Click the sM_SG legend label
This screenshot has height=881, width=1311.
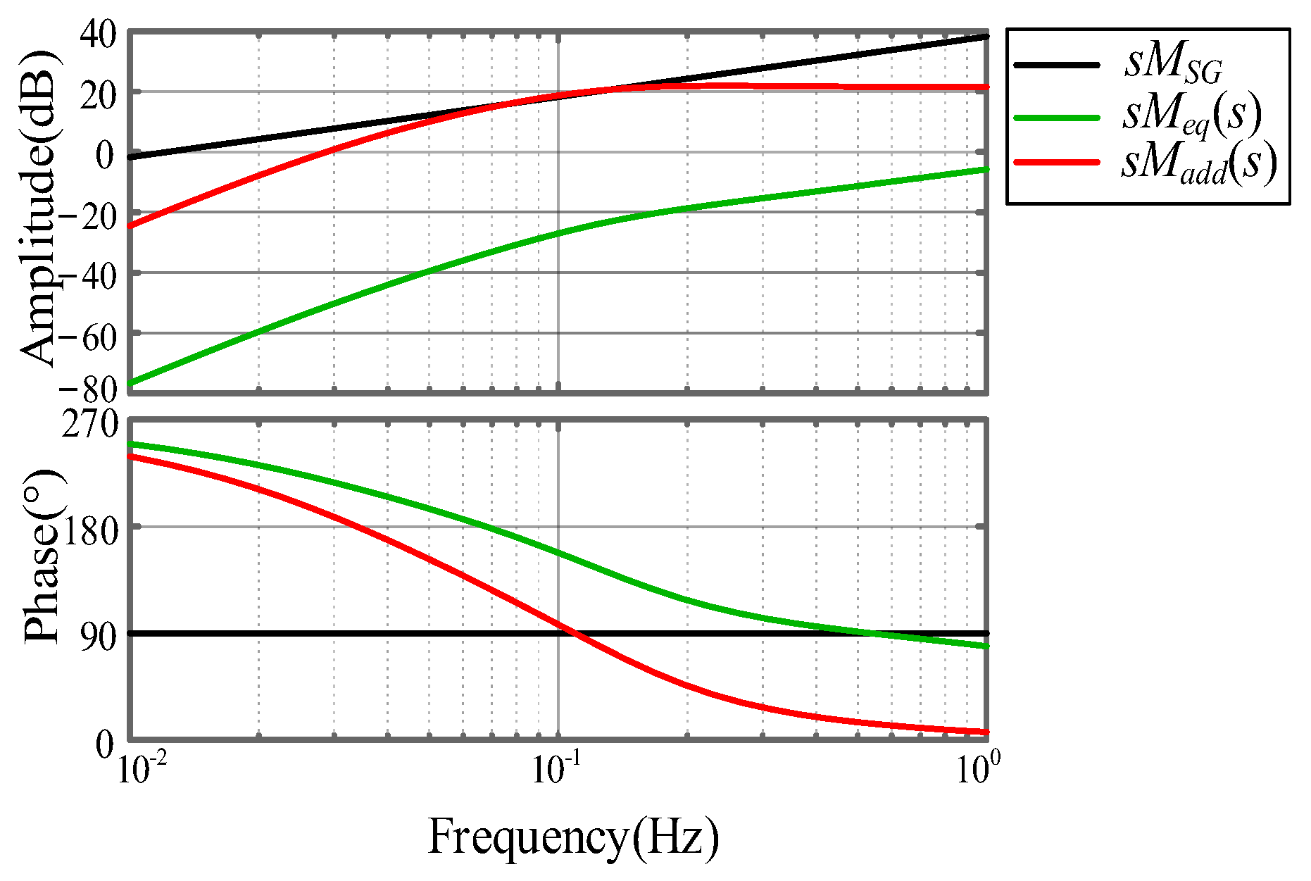pyautogui.click(x=1173, y=65)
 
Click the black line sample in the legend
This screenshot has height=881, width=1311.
pyautogui.click(x=1056, y=65)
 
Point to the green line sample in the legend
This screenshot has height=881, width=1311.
pyautogui.click(x=1056, y=118)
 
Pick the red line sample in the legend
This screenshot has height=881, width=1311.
pyautogui.click(x=1056, y=162)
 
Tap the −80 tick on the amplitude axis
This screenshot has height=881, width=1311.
pyautogui.click(x=88, y=388)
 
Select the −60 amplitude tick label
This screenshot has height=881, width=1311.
pyautogui.click(x=88, y=337)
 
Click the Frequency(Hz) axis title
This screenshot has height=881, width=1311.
pyautogui.click(x=573, y=838)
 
